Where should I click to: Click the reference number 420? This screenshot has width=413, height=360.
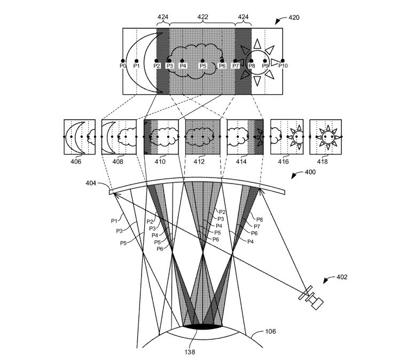pyautogui.click(x=294, y=18)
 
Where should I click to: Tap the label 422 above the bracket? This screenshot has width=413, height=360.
pyautogui.click(x=202, y=17)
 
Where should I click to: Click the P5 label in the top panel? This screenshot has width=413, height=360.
pyautogui.click(x=202, y=65)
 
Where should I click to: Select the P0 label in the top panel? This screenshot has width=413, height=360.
pyautogui.click(x=122, y=65)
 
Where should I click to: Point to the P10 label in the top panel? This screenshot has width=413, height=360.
pyautogui.click(x=283, y=65)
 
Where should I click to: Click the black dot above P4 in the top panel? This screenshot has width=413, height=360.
pyautogui.click(x=182, y=61)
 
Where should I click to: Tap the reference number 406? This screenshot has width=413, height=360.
pyautogui.click(x=76, y=161)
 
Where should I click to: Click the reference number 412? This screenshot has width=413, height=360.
pyautogui.click(x=199, y=161)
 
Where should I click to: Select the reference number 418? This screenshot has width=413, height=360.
pyautogui.click(x=322, y=161)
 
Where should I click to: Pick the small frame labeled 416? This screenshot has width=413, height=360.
pyautogui.click(x=287, y=137)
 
